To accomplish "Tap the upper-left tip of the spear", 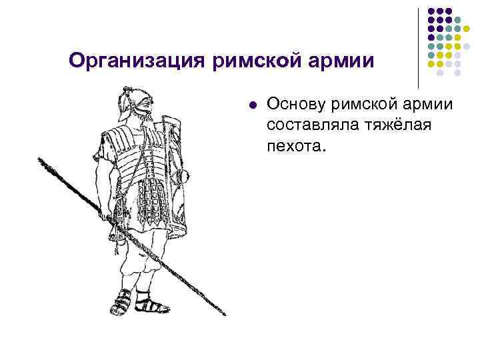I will pos(40,160).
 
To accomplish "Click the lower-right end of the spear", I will pos(224,313).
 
